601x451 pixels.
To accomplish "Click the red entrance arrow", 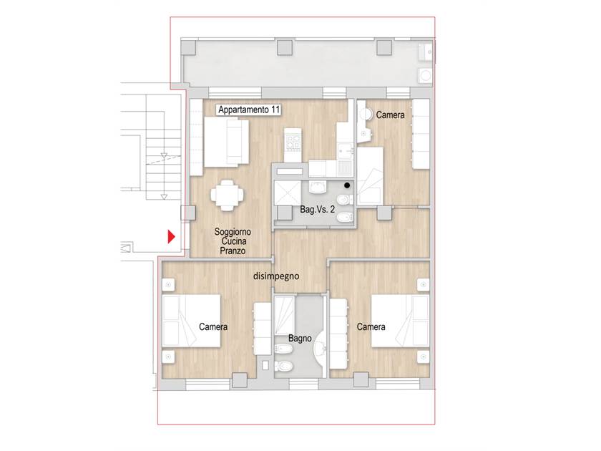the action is click(x=171, y=237).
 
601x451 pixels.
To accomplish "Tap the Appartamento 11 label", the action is click(x=249, y=110).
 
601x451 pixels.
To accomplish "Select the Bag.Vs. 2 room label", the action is click(x=317, y=209).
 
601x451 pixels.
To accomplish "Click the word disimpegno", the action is click(x=276, y=276).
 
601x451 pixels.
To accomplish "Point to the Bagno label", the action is click(x=300, y=338).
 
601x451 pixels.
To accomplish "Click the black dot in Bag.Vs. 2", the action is click(x=347, y=185).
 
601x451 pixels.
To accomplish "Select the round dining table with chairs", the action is click(x=227, y=195).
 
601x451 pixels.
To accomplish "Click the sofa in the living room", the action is click(x=227, y=142).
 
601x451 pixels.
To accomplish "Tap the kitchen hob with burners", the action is click(x=293, y=141).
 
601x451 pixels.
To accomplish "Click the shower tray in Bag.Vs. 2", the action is click(x=288, y=193).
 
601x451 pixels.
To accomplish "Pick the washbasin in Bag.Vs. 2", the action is click(x=317, y=186).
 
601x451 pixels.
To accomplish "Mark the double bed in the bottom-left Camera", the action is click(x=191, y=321).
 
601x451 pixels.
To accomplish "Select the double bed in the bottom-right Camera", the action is click(x=400, y=321).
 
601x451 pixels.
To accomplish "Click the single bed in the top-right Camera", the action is click(x=371, y=175).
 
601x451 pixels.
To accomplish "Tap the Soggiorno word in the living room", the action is click(x=233, y=232).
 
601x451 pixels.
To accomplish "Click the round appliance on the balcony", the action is click(x=425, y=75).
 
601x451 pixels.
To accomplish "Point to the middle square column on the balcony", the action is click(x=285, y=47).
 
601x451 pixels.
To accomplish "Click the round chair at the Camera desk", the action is click(x=366, y=115).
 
